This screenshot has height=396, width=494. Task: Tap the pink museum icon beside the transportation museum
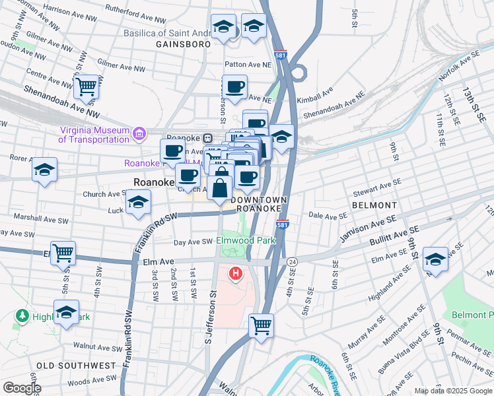[x=139, y=135]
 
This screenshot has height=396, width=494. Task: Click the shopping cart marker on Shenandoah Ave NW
[x=87, y=86]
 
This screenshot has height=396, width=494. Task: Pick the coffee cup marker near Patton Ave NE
[x=234, y=86]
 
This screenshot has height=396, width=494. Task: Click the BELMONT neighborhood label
[x=374, y=205]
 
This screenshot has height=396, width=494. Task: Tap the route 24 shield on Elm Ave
[x=292, y=262]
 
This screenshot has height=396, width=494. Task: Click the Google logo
[x=22, y=388]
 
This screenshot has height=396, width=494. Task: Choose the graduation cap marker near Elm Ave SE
[x=435, y=259]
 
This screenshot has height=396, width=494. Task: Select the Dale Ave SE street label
[x=328, y=216]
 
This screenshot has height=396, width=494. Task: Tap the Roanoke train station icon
[x=207, y=138]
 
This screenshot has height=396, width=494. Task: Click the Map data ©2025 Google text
[x=452, y=391]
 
